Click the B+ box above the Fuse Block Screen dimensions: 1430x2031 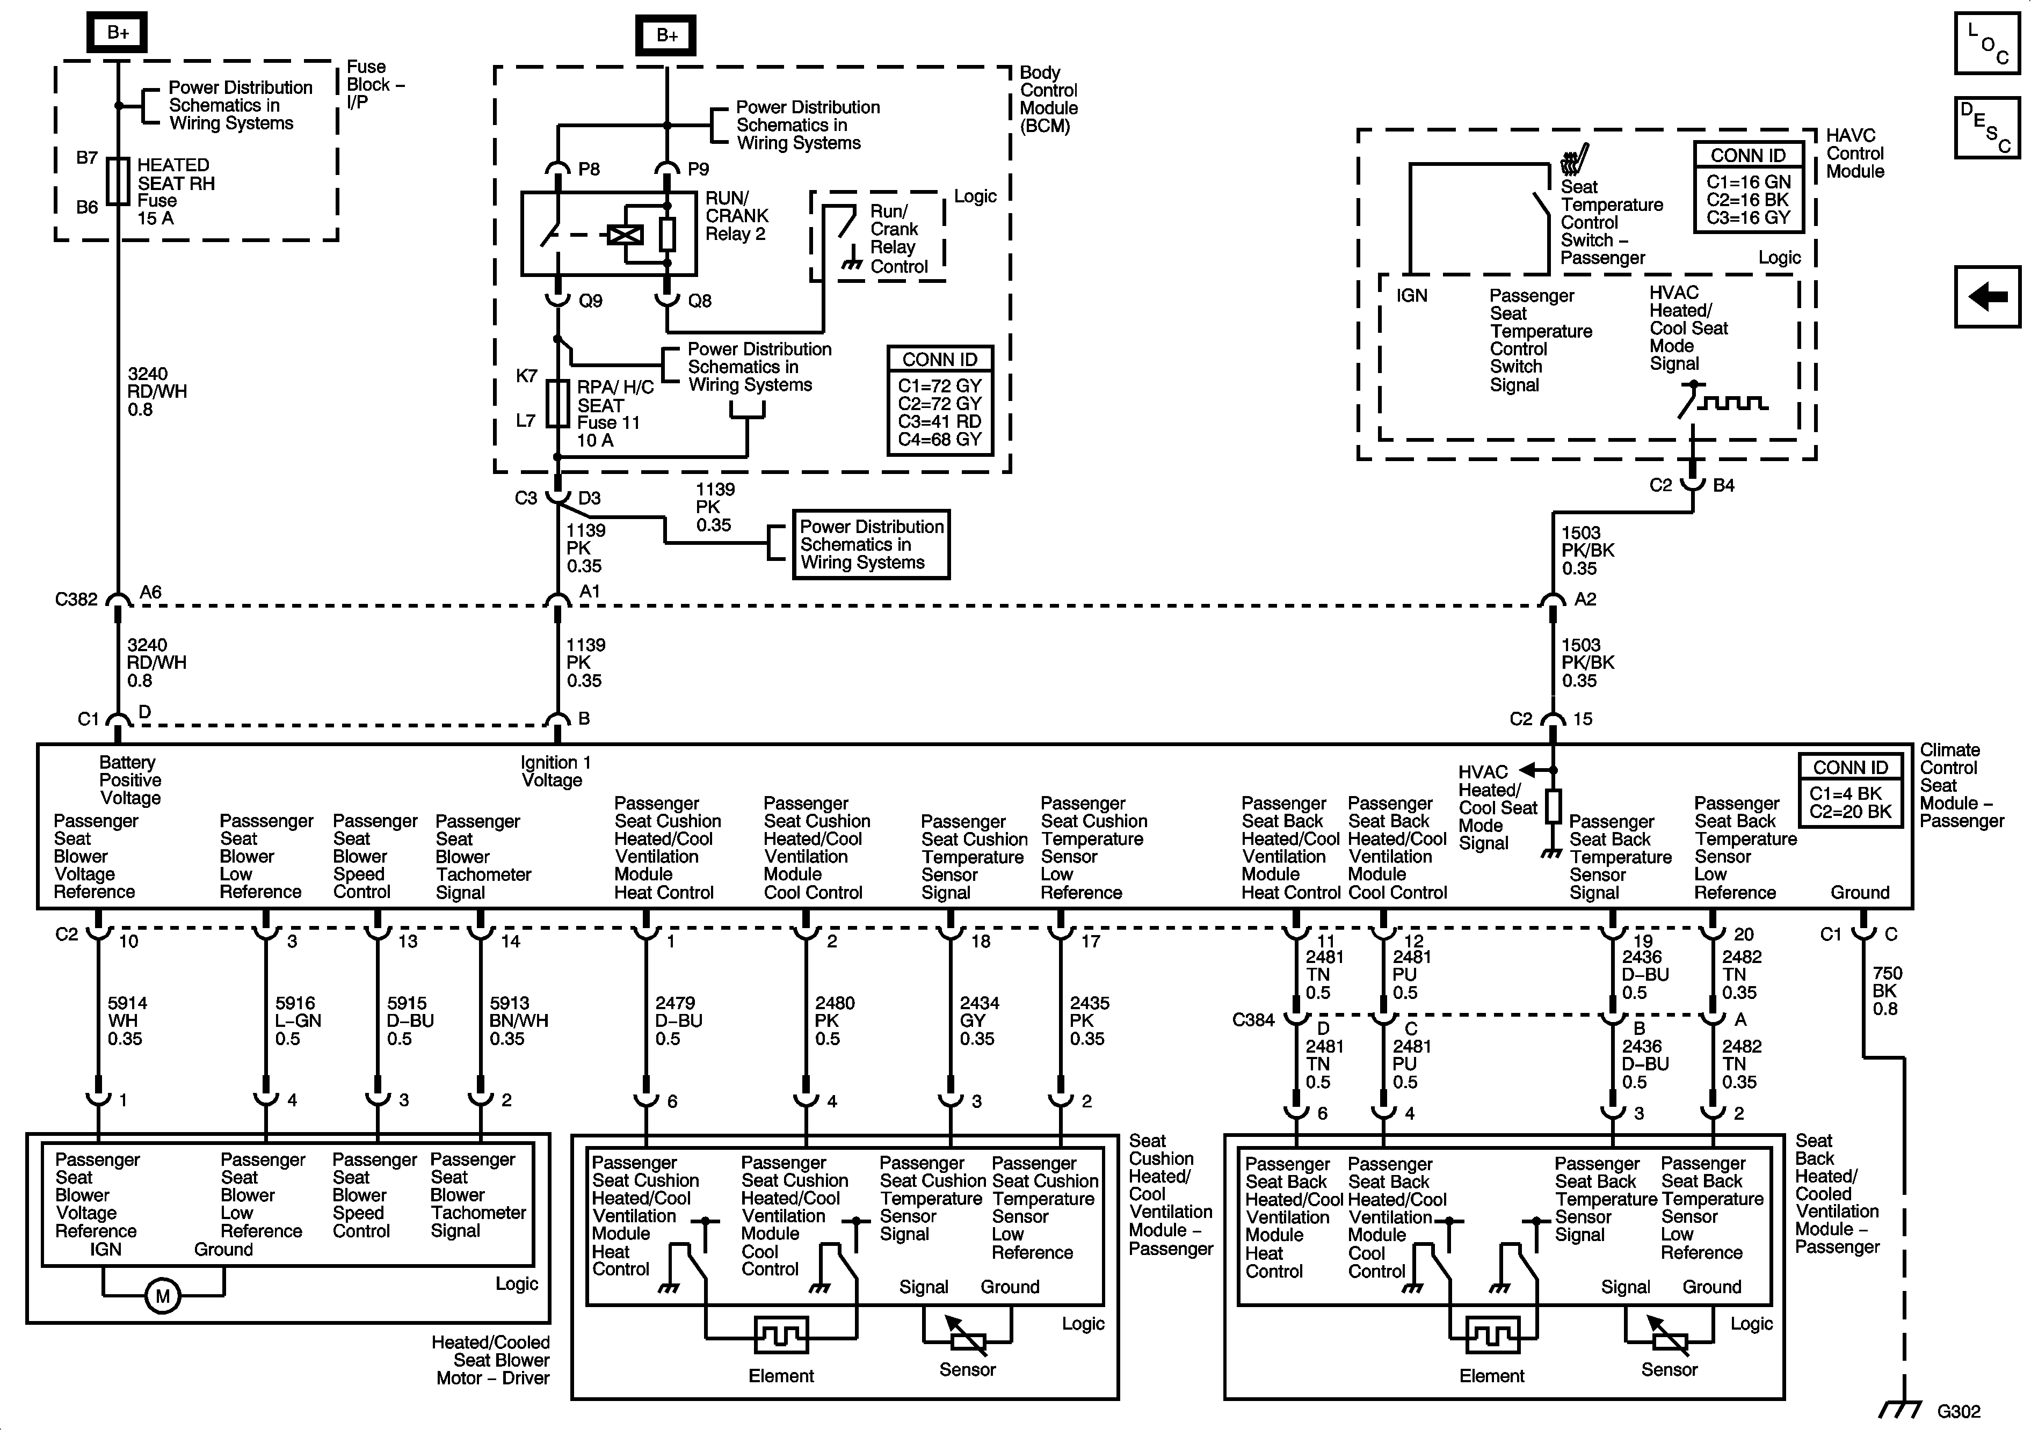118,33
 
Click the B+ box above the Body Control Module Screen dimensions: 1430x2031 666,35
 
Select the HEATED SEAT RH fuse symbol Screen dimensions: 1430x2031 118,181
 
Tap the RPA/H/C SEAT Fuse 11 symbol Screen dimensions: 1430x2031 557,404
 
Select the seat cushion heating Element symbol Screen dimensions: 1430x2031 781,1334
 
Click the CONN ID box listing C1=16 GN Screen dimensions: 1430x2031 1748,187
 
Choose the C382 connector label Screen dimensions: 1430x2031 76,600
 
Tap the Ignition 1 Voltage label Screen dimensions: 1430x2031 555,771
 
